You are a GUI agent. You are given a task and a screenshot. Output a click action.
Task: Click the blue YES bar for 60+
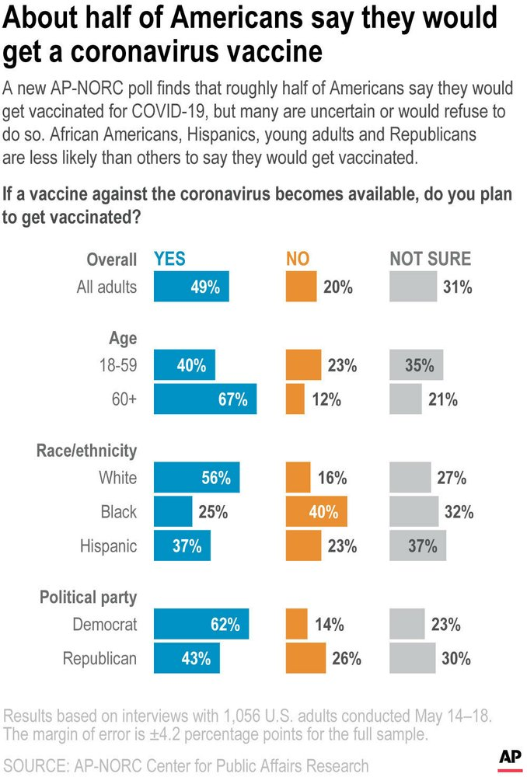(x=205, y=400)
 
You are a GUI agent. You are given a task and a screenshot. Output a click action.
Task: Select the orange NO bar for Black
(x=316, y=512)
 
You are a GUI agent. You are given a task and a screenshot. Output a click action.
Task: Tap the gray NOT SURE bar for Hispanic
(x=418, y=546)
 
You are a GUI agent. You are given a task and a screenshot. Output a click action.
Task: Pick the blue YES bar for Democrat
(x=201, y=624)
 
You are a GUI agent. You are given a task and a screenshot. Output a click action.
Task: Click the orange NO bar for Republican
(x=306, y=658)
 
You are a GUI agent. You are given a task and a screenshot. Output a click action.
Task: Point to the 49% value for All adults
(x=205, y=287)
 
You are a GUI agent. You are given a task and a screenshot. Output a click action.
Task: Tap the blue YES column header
(x=170, y=260)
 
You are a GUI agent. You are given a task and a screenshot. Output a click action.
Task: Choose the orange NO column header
(x=298, y=260)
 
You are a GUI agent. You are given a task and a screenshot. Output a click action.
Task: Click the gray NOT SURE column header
(x=431, y=260)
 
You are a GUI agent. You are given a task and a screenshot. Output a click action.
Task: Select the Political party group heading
(x=89, y=598)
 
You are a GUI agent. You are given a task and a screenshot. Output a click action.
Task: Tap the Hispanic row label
(x=108, y=546)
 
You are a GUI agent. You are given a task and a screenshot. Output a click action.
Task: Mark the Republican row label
(x=99, y=658)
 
